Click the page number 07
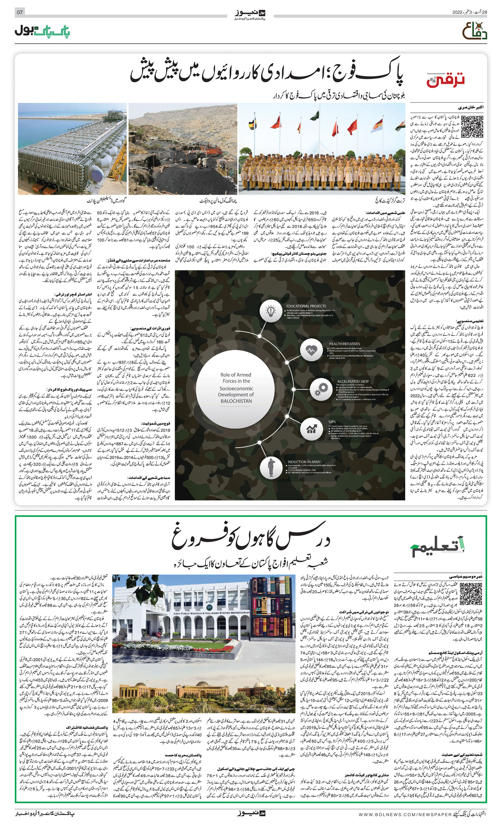point(20,12)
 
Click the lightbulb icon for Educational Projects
point(270,311)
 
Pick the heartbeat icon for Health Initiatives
point(311,350)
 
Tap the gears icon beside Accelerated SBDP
point(321,389)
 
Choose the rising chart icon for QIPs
point(311,428)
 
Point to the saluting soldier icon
point(271,467)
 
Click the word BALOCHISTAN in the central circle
point(236,401)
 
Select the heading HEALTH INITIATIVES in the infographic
point(344,344)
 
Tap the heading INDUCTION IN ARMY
point(304,461)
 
